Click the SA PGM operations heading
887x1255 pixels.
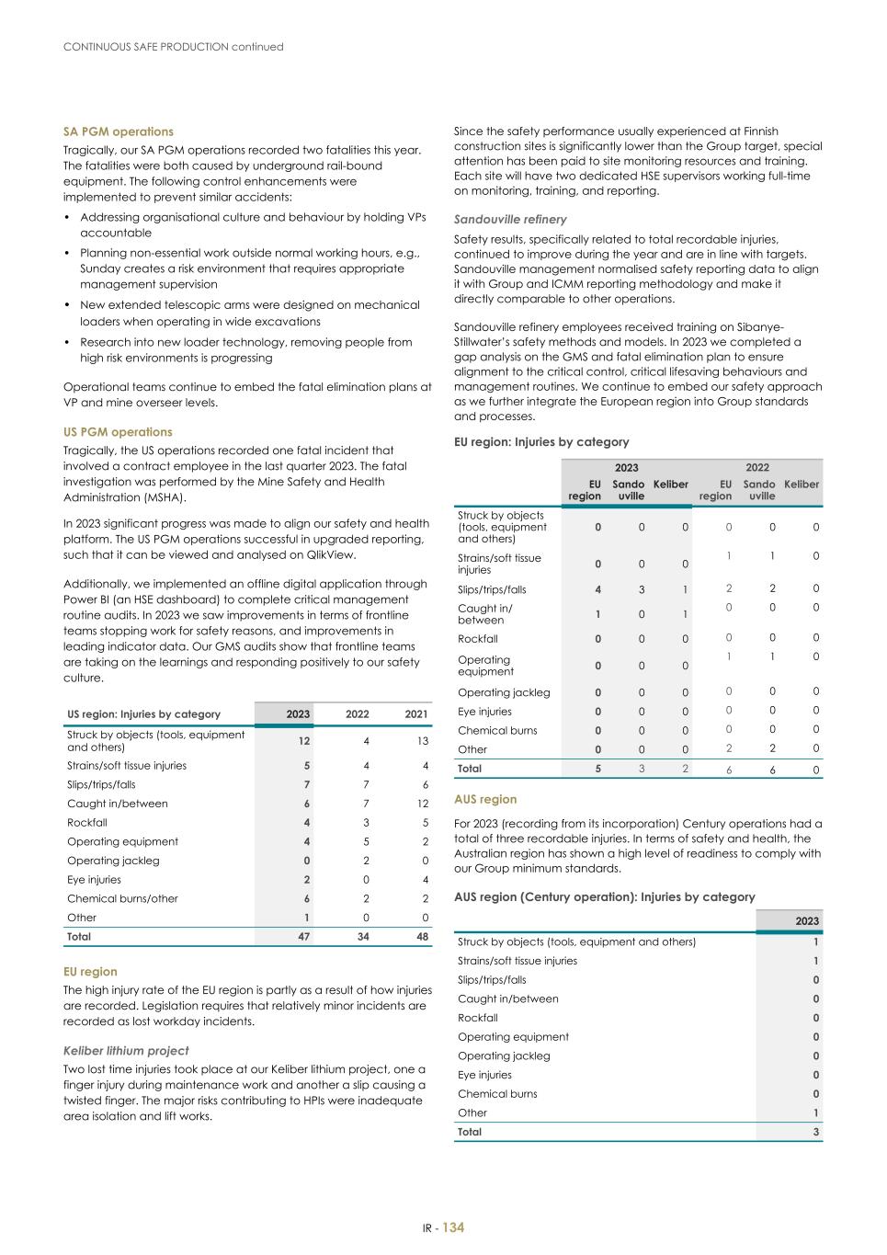click(118, 131)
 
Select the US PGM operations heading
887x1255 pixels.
click(118, 432)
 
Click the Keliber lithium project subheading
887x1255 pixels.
click(126, 1051)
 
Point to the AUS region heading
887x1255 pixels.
click(485, 800)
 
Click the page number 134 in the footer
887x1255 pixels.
click(453, 1228)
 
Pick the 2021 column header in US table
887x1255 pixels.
click(416, 714)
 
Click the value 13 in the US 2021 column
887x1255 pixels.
click(422, 741)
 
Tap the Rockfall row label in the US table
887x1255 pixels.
click(87, 823)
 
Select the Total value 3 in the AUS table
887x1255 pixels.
click(815, 1132)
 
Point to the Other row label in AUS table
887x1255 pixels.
click(472, 1112)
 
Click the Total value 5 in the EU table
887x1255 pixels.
click(597, 769)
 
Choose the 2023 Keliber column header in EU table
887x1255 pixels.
click(670, 485)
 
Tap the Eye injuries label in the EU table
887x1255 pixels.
click(484, 712)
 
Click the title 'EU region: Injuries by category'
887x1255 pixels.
click(541, 442)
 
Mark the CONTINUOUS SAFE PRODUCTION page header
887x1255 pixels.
click(173, 47)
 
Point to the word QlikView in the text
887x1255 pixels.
click(331, 554)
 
